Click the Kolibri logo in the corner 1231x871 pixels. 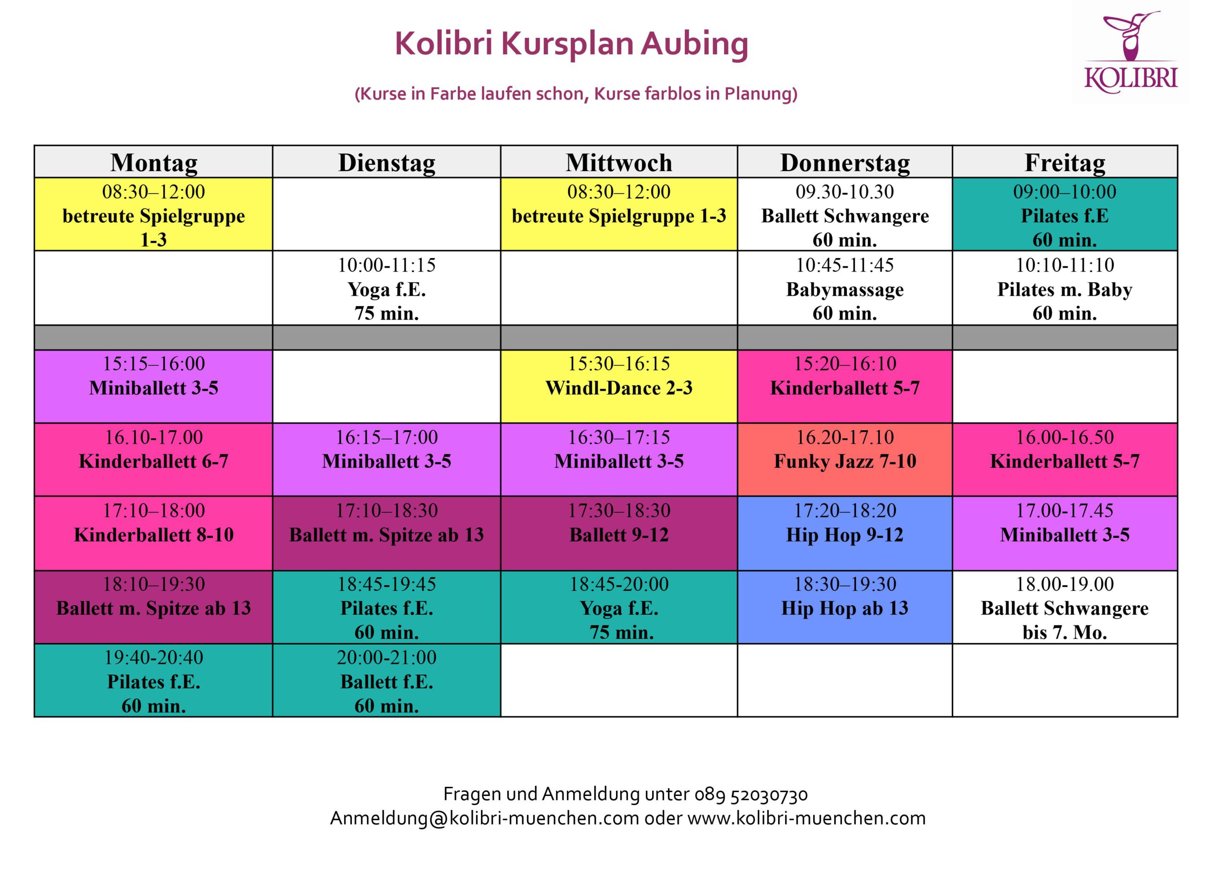click(1131, 52)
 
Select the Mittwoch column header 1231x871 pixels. click(618, 162)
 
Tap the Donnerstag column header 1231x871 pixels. click(845, 162)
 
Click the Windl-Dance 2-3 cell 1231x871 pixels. click(618, 386)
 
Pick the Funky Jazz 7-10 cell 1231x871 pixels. click(845, 460)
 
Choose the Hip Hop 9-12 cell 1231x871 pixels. click(845, 533)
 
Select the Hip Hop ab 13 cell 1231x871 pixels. click(845, 607)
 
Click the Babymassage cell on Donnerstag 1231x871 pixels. click(845, 288)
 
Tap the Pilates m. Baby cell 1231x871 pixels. click(1065, 288)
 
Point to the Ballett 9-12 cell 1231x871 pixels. click(618, 533)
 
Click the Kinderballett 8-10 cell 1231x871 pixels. click(153, 533)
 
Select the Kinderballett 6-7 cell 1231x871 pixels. click(153, 460)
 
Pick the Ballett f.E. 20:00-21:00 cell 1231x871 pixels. click(386, 680)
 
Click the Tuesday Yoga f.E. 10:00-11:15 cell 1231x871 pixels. click(386, 288)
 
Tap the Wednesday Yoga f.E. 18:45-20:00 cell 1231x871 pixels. click(618, 607)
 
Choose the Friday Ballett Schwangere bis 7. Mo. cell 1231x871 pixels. click(1065, 607)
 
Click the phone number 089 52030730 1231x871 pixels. click(751, 794)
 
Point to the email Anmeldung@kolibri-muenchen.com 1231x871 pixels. click(484, 819)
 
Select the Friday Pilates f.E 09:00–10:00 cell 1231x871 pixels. click(1065, 214)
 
